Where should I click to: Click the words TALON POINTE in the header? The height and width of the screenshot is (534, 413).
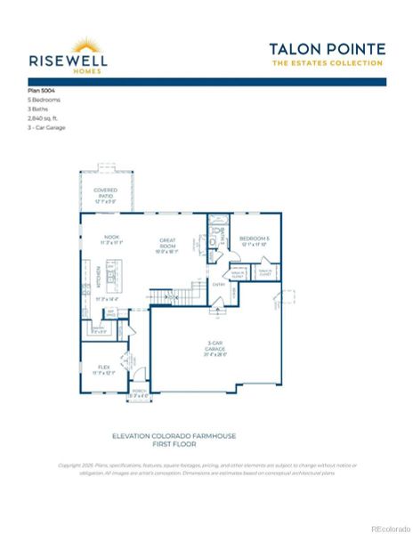[327, 48]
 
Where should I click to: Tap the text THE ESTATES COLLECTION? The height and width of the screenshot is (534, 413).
[328, 63]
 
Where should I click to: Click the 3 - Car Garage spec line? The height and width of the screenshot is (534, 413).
[47, 127]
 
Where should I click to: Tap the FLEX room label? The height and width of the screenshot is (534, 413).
[103, 368]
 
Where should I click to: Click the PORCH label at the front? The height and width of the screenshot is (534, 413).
[140, 392]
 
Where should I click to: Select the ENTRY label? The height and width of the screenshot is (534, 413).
[219, 285]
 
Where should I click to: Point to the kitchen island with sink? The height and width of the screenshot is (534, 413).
[111, 277]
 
